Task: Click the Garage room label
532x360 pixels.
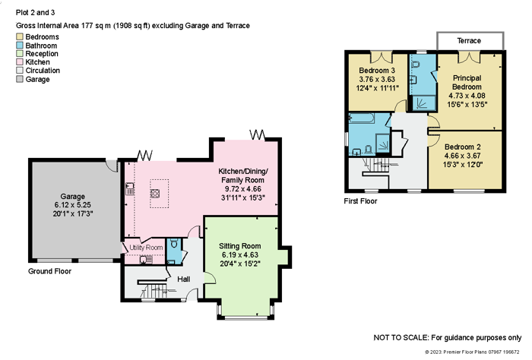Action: (73, 196)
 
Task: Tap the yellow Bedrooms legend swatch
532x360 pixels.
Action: (20, 36)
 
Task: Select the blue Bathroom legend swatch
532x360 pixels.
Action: (20, 45)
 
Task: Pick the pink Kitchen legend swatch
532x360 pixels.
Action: (20, 62)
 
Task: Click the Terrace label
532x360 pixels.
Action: (469, 41)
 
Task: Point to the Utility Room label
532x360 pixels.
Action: (146, 248)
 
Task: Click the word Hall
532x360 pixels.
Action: (184, 279)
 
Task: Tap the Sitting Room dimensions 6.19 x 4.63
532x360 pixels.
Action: (240, 255)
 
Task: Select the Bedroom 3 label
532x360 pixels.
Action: (377, 71)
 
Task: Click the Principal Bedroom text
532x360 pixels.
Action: (467, 82)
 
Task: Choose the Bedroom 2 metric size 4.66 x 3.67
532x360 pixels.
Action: (462, 156)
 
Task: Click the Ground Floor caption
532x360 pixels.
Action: (49, 271)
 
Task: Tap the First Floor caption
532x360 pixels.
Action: (360, 201)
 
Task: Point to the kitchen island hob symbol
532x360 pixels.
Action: (155, 193)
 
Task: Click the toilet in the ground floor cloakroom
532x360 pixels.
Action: (174, 243)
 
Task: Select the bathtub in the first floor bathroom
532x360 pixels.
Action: (362, 118)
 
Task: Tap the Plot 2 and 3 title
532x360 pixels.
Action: (35, 13)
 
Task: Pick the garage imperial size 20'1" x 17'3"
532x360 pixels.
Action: (73, 213)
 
